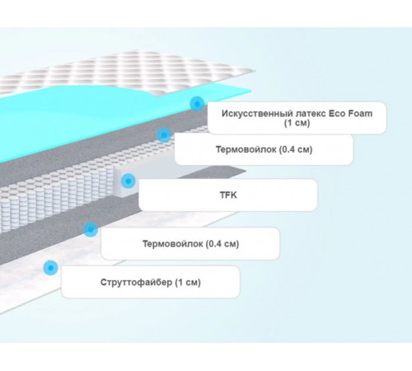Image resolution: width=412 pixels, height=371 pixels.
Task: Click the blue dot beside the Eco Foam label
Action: point(197,104)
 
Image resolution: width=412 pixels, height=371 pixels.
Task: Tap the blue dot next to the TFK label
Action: point(129,181)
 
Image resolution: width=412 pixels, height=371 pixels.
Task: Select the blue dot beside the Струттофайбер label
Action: point(50,268)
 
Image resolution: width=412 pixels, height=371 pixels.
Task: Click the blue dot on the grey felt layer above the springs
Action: point(164,135)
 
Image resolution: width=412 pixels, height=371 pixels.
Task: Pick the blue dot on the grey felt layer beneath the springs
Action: point(91,229)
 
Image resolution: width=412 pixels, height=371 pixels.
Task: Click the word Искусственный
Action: point(257,114)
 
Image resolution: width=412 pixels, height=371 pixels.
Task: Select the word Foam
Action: point(360,113)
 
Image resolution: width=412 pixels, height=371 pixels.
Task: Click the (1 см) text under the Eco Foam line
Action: point(297,123)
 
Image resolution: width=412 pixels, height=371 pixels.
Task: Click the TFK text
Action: point(228,195)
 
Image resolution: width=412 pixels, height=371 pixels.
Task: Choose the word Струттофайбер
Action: point(136,282)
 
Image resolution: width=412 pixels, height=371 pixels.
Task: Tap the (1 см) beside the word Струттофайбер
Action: point(188,282)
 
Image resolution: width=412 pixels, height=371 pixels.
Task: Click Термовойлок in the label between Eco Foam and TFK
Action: point(246,149)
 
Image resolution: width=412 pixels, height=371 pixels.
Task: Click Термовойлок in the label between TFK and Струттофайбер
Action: point(173,243)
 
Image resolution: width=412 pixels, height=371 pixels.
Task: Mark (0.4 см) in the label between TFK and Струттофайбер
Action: point(222,244)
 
